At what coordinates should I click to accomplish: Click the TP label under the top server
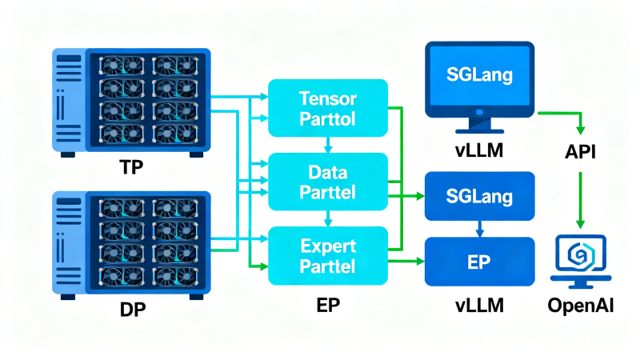pyautogui.click(x=131, y=167)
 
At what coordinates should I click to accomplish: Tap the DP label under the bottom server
pyautogui.click(x=133, y=310)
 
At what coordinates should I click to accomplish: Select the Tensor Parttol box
pyautogui.click(x=328, y=108)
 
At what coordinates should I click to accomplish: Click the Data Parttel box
pyautogui.click(x=328, y=182)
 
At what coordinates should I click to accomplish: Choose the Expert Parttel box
pyautogui.click(x=328, y=255)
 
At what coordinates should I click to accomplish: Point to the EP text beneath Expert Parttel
pyautogui.click(x=328, y=305)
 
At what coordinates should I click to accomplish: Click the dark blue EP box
pyautogui.click(x=479, y=262)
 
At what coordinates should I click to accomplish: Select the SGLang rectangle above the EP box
pyautogui.click(x=479, y=196)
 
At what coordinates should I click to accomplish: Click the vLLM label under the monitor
pyautogui.click(x=479, y=150)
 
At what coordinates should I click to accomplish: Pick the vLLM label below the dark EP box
pyautogui.click(x=479, y=306)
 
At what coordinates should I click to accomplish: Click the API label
pyautogui.click(x=580, y=152)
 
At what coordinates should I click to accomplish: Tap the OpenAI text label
pyautogui.click(x=581, y=306)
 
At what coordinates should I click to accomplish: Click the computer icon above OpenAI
pyautogui.click(x=581, y=262)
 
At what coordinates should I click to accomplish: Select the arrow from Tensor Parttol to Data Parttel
pyautogui.click(x=328, y=145)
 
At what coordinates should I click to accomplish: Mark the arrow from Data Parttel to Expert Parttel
pyautogui.click(x=328, y=218)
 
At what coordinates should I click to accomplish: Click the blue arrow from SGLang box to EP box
pyautogui.click(x=479, y=229)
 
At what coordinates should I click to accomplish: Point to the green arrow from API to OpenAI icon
pyautogui.click(x=580, y=201)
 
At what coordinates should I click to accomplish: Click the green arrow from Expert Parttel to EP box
pyautogui.click(x=406, y=261)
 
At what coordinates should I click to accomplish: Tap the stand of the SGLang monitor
pyautogui.click(x=479, y=126)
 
